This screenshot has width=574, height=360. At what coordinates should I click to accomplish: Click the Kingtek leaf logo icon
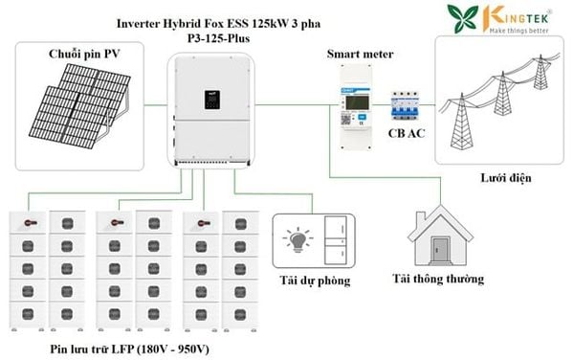pos(463,18)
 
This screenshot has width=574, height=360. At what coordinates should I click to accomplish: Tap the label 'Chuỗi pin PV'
pos(84,54)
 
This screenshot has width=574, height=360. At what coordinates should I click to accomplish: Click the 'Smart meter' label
pos(361,54)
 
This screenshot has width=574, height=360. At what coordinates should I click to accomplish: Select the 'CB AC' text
pos(407,133)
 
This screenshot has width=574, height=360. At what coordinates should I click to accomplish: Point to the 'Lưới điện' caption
pos(505,178)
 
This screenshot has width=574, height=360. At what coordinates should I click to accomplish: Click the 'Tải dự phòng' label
pos(315,281)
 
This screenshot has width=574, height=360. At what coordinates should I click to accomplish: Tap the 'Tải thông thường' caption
pos(438,279)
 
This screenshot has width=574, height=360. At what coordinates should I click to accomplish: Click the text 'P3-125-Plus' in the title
pos(218,38)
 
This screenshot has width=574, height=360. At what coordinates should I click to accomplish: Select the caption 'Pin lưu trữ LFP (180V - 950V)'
pos(129,349)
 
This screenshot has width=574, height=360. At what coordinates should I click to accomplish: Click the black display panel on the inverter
pos(212,100)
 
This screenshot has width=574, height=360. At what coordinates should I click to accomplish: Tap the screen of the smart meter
pos(358,102)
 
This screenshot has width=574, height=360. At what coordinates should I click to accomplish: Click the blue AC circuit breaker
pos(406,106)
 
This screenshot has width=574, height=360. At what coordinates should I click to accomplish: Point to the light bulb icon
pos(298,240)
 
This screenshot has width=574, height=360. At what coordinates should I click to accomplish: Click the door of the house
pos(440,250)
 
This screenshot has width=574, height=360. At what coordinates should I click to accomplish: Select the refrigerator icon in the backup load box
pos(336,240)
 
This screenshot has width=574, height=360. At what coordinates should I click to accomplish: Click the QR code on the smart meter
pos(345,120)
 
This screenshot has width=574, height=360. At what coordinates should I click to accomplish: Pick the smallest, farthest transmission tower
pos(541,72)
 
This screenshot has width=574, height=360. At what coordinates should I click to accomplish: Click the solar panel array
pos(79,106)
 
